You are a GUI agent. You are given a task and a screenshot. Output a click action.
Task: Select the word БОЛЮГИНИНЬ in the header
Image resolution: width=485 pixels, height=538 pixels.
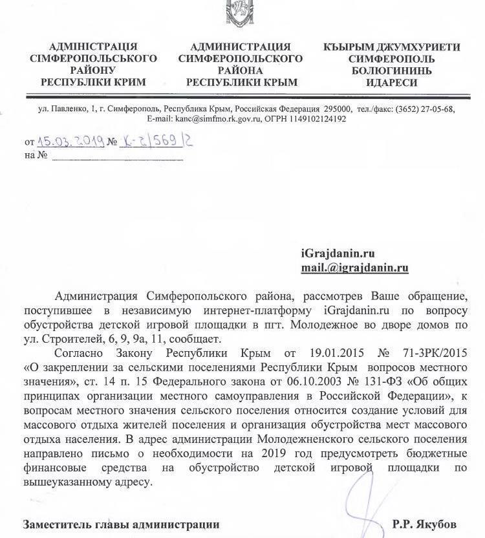tap(391, 70)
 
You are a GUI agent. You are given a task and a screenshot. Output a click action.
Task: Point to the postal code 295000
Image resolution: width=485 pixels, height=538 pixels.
tap(338, 109)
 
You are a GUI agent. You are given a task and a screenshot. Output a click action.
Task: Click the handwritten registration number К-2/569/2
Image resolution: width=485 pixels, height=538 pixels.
tap(151, 140)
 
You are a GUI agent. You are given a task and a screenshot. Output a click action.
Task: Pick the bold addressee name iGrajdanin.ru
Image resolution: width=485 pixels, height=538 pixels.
tap(338, 253)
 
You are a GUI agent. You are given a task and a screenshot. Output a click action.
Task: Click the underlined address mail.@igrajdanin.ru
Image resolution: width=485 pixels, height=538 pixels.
tap(354, 266)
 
